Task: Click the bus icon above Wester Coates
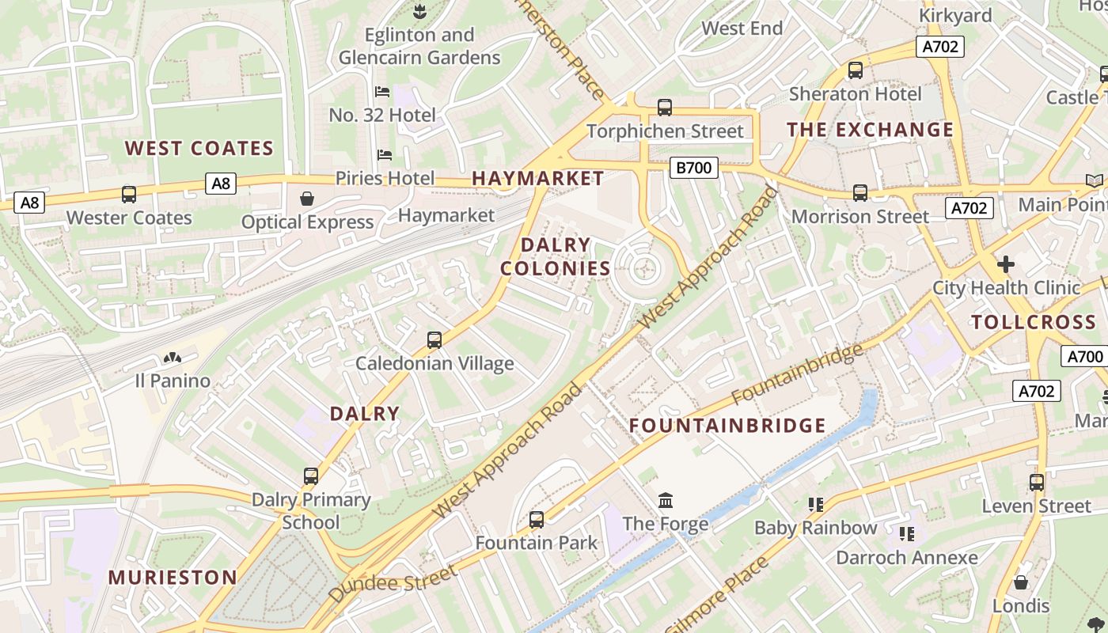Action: pos(128,194)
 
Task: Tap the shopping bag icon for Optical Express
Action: pos(306,199)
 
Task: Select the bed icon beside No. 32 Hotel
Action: pos(382,92)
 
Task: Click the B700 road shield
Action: pos(693,168)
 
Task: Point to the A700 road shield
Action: pos(1083,356)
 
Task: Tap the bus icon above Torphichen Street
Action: pos(665,108)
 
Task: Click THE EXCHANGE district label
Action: pos(870,130)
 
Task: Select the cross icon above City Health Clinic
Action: pos(1005,263)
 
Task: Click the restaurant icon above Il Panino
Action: pos(172,358)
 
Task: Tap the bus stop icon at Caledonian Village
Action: pos(434,340)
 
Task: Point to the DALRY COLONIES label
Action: pos(556,256)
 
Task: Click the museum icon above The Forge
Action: pos(666,500)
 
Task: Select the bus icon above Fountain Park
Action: pos(537,520)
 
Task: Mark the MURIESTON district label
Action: pos(173,578)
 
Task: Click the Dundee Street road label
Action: pos(393,584)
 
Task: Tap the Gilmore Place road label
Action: pos(718,595)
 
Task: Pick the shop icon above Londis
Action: pos(1021,582)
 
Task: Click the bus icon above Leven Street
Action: pos(1037,482)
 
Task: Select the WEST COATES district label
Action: pos(199,149)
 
